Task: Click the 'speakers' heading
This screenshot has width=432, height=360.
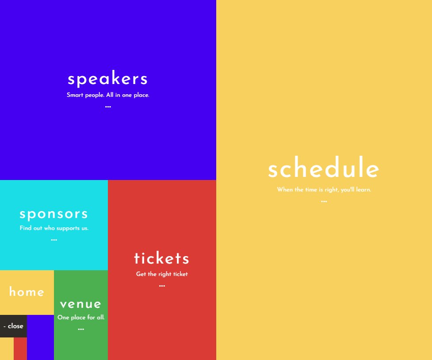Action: pyautogui.click(x=108, y=79)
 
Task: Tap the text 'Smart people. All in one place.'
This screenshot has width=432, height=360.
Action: pyautogui.click(x=108, y=95)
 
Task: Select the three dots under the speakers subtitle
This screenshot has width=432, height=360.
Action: pyautogui.click(x=108, y=107)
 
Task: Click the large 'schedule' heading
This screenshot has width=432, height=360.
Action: pyautogui.click(x=324, y=167)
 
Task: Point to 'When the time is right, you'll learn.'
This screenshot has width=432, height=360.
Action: pyautogui.click(x=324, y=190)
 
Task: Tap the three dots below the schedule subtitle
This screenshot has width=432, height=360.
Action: pyautogui.click(x=324, y=202)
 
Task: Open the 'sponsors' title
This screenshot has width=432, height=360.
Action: pyautogui.click(x=54, y=214)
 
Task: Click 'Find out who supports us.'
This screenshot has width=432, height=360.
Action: pyautogui.click(x=54, y=228)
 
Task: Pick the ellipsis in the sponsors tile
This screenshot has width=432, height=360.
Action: pyautogui.click(x=54, y=240)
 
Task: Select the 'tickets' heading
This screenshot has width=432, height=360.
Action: pyautogui.click(x=162, y=258)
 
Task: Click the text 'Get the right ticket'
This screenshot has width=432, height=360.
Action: pyautogui.click(x=162, y=274)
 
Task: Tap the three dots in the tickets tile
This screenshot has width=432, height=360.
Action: pyautogui.click(x=162, y=286)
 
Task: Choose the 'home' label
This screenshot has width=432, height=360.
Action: pyautogui.click(x=27, y=291)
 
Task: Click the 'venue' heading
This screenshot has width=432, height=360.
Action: pyautogui.click(x=81, y=304)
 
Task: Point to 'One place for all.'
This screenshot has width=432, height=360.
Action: pyautogui.click(x=81, y=318)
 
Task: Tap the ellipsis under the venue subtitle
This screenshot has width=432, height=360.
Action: pyautogui.click(x=81, y=329)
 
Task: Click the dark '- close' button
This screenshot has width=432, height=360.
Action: pyautogui.click(x=14, y=326)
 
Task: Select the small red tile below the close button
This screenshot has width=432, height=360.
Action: pyautogui.click(x=20, y=349)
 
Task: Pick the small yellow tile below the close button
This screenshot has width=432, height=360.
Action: pyautogui.click(x=7, y=349)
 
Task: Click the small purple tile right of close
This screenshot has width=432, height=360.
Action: pyautogui.click(x=41, y=337)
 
